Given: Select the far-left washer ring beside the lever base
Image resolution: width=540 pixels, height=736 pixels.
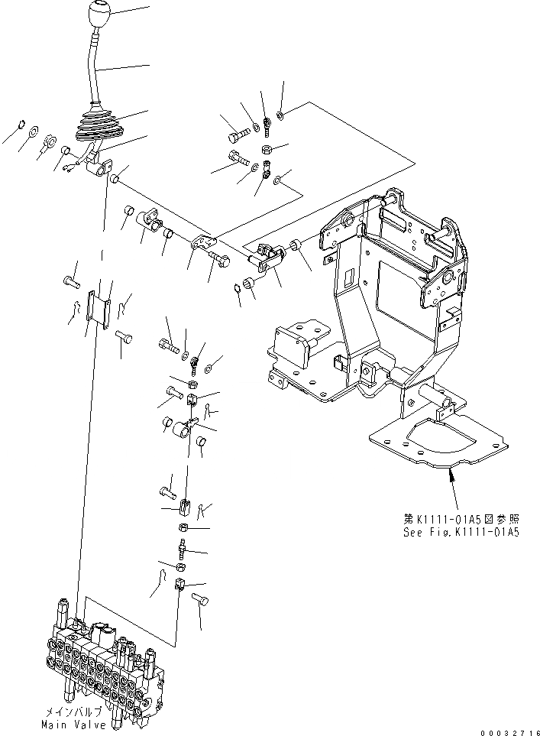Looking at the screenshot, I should coord(21,124).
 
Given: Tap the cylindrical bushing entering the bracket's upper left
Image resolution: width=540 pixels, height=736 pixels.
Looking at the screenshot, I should coord(293,246).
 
